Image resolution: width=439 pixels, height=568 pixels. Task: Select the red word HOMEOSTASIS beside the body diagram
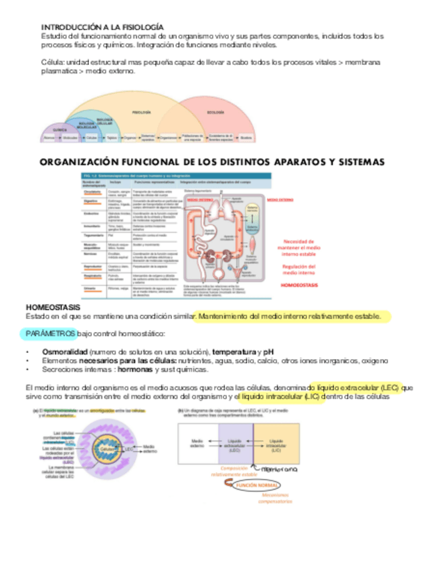click(x=298, y=285)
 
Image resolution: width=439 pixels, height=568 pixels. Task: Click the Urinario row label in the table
click(x=90, y=287)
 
